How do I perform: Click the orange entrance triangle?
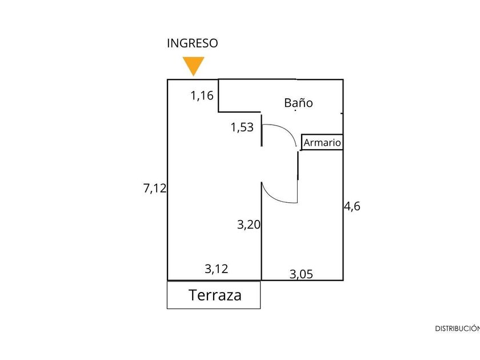(x=193, y=65)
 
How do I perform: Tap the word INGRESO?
(x=193, y=43)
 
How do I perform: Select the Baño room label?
(x=298, y=103)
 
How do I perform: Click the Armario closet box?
(x=322, y=142)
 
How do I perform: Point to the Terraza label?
(x=215, y=295)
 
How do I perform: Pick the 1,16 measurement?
(x=202, y=95)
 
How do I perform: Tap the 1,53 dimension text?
(x=242, y=127)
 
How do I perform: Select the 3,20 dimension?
(x=249, y=225)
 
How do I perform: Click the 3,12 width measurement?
(x=217, y=269)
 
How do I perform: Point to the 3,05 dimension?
(x=301, y=274)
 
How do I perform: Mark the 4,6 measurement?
(x=352, y=206)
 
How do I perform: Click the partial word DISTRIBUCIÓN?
(x=457, y=329)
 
